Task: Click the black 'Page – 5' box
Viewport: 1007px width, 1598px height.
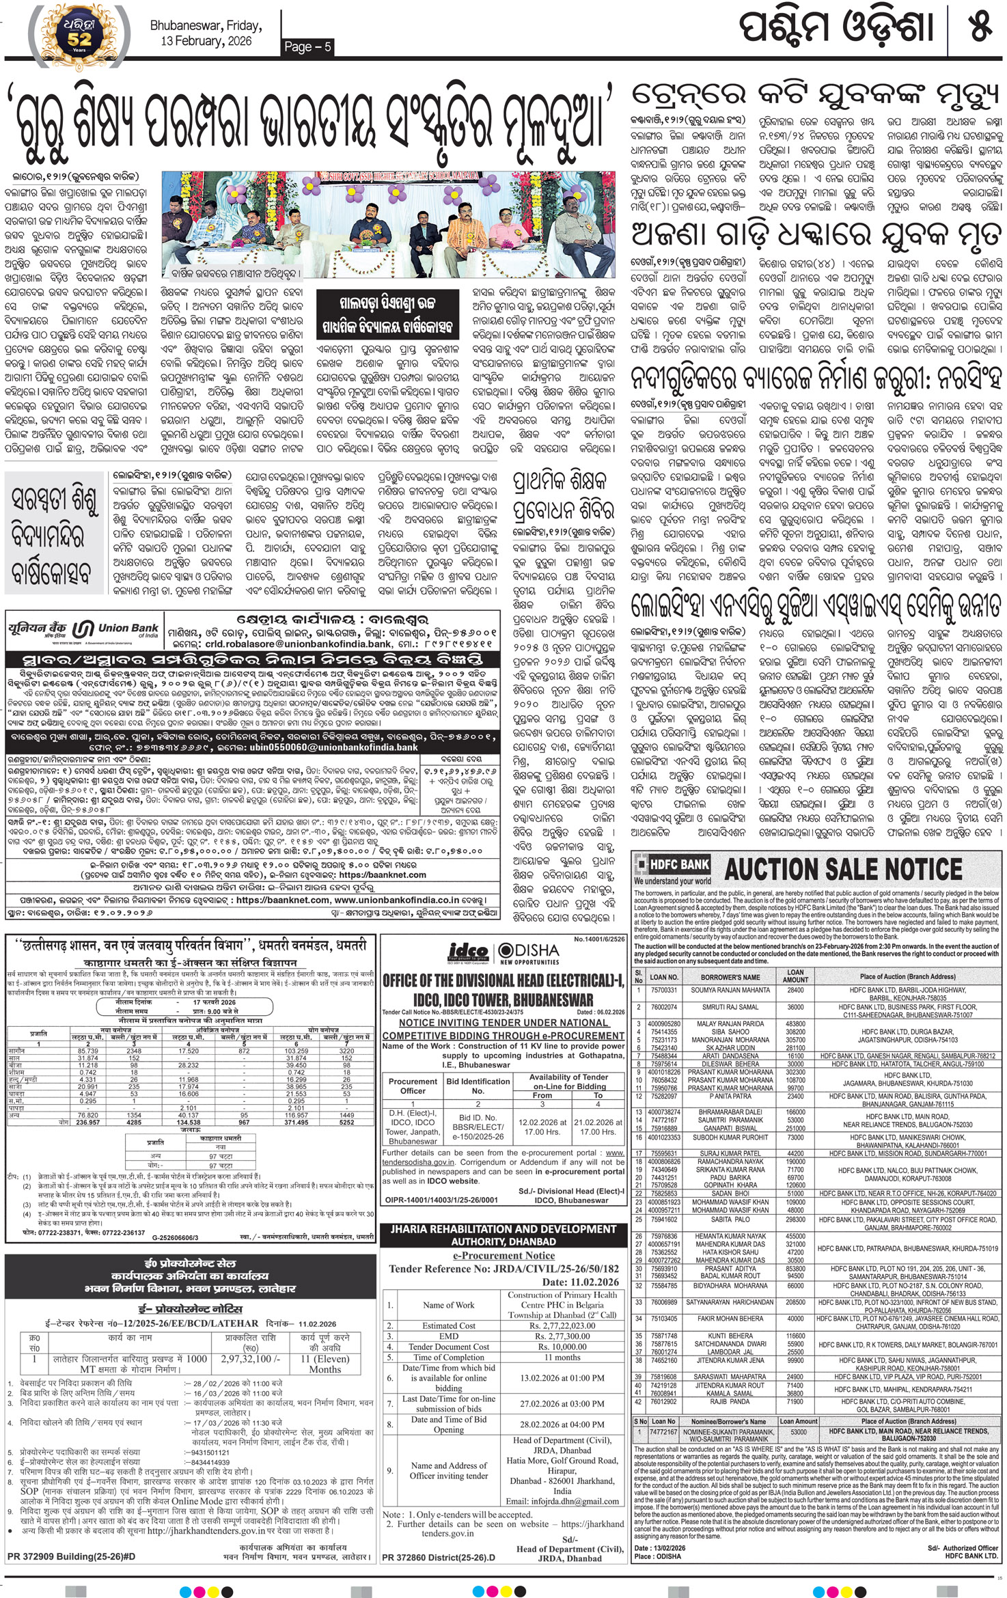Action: pyautogui.click(x=308, y=46)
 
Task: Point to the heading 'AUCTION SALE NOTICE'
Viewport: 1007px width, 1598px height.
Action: pyautogui.click(x=843, y=870)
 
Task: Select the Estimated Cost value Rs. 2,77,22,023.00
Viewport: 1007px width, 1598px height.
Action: pyautogui.click(x=562, y=1325)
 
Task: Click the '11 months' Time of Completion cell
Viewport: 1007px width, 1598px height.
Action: pyautogui.click(x=562, y=1357)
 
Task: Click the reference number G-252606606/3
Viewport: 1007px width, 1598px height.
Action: pyautogui.click(x=176, y=1237)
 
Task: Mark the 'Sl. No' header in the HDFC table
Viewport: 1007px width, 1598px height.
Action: pyautogui.click(x=639, y=976)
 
